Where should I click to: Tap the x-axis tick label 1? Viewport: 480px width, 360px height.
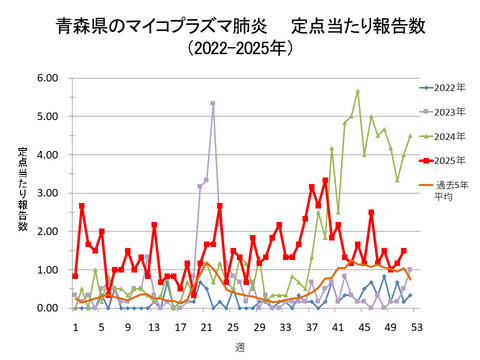[75, 327]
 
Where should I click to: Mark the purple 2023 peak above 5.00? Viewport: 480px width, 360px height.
[213, 103]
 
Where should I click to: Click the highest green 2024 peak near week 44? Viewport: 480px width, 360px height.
[357, 91]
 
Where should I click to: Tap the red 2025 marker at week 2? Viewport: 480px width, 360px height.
[82, 206]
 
